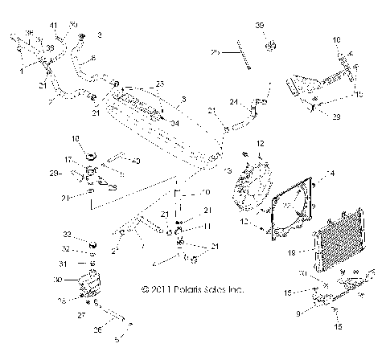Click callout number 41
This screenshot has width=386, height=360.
pyautogui.click(x=55, y=27)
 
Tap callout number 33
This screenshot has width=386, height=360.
pyautogui.click(x=69, y=234)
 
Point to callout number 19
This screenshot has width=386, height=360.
pyautogui.click(x=291, y=252)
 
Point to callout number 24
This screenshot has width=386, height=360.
pyautogui.click(x=232, y=101)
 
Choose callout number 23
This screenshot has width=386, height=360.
pyautogui.click(x=159, y=84)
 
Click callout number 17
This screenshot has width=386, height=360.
pyautogui.click(x=69, y=159)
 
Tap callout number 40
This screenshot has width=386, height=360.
pyautogui.click(x=136, y=161)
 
